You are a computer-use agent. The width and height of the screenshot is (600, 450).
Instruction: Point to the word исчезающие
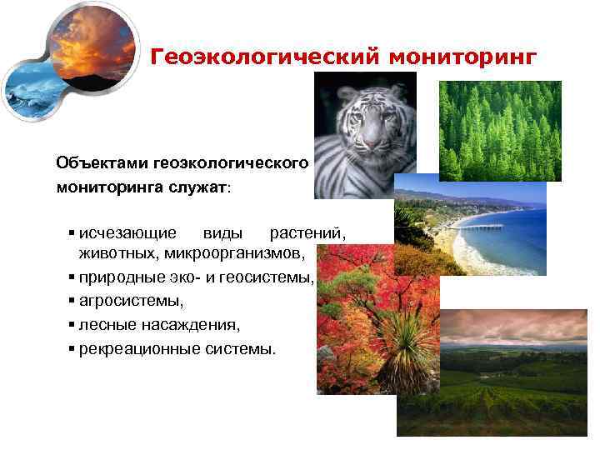pos(127,231)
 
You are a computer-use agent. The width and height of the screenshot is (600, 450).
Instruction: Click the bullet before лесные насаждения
pos(73,323)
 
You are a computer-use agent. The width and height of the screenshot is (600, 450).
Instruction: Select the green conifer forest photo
pos(500,130)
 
